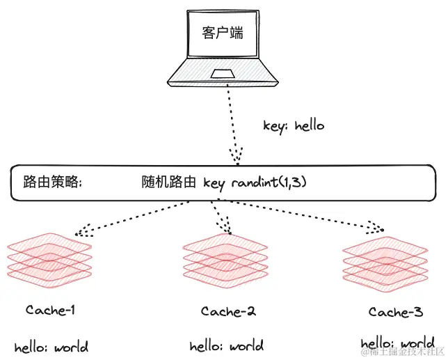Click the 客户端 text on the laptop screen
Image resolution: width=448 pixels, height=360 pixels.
point(223,33)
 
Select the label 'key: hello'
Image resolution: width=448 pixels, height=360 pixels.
point(294,126)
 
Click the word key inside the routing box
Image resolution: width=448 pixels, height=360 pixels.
point(214,182)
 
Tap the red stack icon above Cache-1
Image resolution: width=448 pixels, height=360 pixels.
point(49,258)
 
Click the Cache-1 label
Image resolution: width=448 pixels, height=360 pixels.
point(50,310)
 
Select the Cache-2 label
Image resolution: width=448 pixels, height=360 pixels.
point(228,311)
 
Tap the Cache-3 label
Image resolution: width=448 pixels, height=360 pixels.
point(395,312)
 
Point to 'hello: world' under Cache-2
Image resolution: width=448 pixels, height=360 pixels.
point(227,346)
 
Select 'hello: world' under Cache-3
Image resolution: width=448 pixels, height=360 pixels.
point(397,344)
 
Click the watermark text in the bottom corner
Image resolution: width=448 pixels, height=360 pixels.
point(400,352)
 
